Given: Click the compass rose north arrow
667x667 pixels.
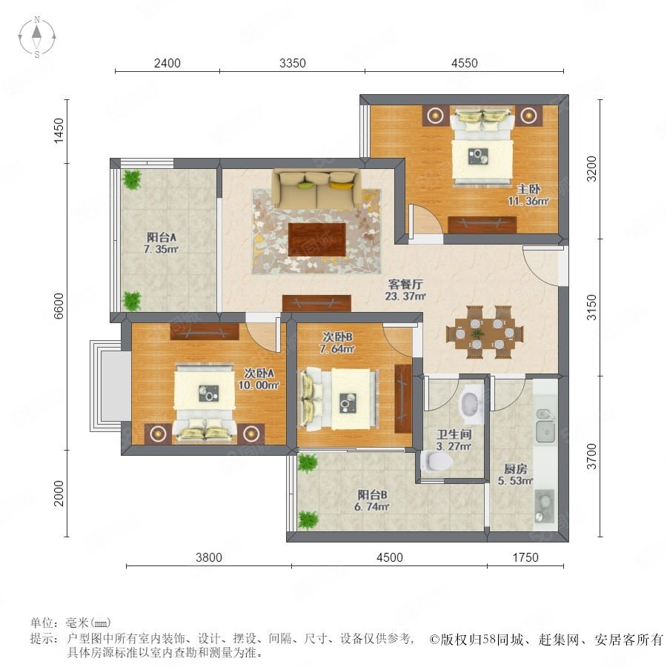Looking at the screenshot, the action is pos(38,31).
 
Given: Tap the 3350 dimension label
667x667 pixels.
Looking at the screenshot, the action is pos(293,63).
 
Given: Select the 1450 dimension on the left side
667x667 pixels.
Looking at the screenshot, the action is pos(59,130).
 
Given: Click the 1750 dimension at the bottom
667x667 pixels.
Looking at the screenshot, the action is pos(525,557).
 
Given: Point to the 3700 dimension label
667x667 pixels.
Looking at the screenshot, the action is pos(591,456).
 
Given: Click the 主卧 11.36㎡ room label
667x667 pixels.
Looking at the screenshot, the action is pos(528,195).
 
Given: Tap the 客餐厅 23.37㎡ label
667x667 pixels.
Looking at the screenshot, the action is pos(405,290).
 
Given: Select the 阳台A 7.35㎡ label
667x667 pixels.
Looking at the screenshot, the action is pos(161,243).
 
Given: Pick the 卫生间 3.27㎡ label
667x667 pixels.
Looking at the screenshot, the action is pos(454,439).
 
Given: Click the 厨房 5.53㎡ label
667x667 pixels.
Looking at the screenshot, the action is pos(516,475).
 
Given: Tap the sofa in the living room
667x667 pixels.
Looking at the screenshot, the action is pos(316,188).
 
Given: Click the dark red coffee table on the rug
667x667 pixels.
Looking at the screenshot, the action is pos(317,239).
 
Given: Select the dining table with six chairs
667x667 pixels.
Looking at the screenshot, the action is pos(485,332).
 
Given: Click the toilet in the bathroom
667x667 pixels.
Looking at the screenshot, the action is pos(437,461).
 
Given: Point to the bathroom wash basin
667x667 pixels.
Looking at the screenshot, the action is pos(470,402).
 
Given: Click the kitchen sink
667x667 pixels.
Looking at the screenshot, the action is pos(545,426).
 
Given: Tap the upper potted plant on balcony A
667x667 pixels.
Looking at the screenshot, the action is pos(132,179).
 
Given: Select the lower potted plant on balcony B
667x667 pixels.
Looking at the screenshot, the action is pos(308,520).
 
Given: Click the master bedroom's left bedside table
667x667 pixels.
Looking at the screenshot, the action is pos(435,116).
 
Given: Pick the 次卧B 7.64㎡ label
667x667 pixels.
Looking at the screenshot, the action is pos(337,343).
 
